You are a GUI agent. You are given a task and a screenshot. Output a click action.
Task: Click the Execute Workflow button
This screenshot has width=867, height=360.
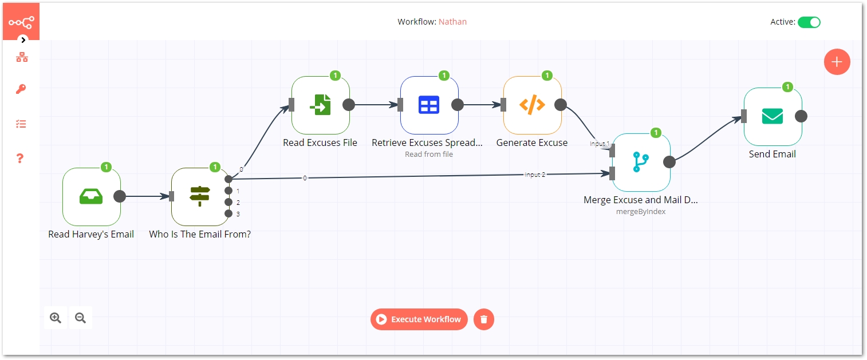419,319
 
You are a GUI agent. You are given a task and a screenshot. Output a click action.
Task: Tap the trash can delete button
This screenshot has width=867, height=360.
484,319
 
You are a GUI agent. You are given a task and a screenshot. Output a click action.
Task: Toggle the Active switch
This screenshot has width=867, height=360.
809,22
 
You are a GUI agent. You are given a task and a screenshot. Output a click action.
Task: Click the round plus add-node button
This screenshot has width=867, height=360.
837,62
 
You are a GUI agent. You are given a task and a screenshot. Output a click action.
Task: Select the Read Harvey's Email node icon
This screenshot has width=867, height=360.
92,196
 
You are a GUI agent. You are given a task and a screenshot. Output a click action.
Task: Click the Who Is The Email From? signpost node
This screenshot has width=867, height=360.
200,196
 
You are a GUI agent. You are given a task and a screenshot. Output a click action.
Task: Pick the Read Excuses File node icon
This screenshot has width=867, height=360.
320,105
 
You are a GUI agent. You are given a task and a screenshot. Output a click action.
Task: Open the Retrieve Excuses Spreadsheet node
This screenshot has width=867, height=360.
429,105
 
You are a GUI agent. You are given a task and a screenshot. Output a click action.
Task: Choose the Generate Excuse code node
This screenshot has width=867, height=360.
532,105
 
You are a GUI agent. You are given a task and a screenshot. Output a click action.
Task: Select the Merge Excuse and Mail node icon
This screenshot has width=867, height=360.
641,162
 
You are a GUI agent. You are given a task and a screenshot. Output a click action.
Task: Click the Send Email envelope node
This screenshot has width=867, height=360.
773,116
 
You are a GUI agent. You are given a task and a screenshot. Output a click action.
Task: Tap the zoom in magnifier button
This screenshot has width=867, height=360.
56,318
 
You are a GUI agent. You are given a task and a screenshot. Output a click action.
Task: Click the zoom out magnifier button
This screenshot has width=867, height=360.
80,318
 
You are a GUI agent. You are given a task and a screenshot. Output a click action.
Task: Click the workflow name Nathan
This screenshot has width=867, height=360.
452,22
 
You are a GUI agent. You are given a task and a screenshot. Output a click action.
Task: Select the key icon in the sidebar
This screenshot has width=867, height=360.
21,89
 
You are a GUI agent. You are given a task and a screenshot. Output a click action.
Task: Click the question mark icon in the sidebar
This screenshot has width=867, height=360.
20,158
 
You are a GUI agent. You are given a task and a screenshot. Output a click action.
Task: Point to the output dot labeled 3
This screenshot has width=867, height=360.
228,213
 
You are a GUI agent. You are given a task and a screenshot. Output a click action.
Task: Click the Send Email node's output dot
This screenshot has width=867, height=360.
801,116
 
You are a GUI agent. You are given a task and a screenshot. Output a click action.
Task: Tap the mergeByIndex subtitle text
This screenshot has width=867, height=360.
640,211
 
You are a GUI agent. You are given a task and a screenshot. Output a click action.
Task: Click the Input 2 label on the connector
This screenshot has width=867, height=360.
535,175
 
